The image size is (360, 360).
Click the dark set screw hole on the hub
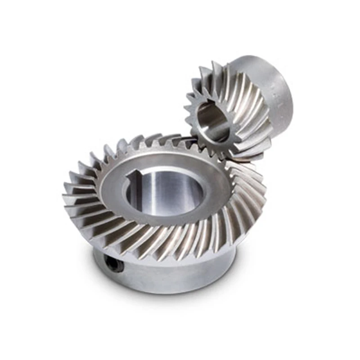pos(115,264)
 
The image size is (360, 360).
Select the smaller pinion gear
pos(238,108)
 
